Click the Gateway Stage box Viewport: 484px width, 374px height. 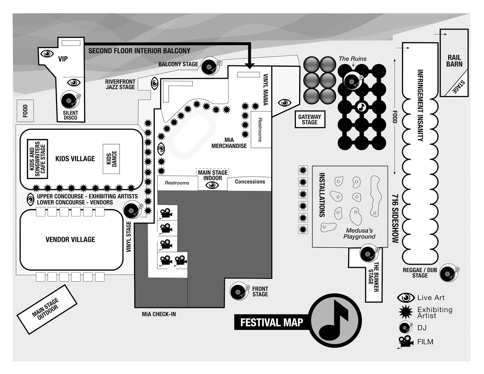(309, 119)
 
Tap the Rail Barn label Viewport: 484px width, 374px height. (454, 61)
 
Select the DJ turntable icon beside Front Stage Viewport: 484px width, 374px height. (239, 292)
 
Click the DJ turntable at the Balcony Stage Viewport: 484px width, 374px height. (210, 66)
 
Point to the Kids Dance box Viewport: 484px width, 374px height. (111, 159)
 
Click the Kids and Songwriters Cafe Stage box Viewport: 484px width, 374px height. (38, 159)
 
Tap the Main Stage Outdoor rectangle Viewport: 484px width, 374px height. (47, 309)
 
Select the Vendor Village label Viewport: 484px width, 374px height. (70, 240)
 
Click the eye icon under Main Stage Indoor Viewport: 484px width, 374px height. (212, 185)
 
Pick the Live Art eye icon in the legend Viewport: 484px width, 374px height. (406, 298)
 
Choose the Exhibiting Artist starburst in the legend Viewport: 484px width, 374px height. (406, 312)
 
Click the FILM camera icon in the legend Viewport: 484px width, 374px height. (405, 342)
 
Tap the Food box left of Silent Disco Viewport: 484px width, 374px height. (25, 111)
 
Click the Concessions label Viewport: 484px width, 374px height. (250, 182)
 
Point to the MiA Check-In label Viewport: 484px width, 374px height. (159, 314)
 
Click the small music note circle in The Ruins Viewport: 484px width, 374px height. (361, 107)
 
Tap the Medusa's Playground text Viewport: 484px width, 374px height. (359, 234)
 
